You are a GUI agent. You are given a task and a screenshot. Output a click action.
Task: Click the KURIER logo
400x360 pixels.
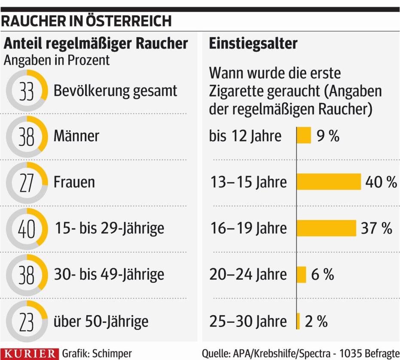(x=29, y=354)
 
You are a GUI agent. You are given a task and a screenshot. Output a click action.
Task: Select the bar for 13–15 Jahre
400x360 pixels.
(x=329, y=182)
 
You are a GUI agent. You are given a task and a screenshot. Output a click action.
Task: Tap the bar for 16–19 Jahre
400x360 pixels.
(x=327, y=228)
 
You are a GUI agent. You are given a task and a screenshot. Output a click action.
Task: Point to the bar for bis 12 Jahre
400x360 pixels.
(x=304, y=136)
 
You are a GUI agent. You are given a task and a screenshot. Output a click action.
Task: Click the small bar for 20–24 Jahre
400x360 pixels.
(x=302, y=274)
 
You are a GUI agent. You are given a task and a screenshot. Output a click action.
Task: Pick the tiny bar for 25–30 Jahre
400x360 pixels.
(x=298, y=321)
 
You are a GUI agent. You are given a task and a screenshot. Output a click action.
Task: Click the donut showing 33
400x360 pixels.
(x=27, y=91)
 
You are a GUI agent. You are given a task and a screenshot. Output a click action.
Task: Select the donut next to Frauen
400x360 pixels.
(x=27, y=182)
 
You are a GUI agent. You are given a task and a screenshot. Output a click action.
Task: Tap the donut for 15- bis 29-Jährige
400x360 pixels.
(x=27, y=228)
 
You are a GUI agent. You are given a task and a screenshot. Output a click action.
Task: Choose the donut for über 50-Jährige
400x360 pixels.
(x=27, y=321)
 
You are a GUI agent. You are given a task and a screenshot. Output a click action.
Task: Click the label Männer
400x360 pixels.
(x=76, y=136)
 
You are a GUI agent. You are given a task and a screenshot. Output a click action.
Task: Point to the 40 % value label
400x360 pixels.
(x=381, y=182)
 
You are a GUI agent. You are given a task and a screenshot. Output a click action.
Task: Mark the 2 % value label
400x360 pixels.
(x=316, y=321)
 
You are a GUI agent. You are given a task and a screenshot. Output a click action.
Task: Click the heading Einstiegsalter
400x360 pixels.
(x=253, y=43)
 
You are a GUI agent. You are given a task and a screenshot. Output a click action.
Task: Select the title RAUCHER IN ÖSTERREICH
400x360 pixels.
(x=86, y=21)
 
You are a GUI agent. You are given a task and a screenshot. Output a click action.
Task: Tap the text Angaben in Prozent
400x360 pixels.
(x=57, y=60)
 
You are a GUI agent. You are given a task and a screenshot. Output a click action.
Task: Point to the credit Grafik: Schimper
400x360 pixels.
(x=97, y=354)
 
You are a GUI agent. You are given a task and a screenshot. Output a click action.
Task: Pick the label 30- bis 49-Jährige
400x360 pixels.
(x=109, y=274)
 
